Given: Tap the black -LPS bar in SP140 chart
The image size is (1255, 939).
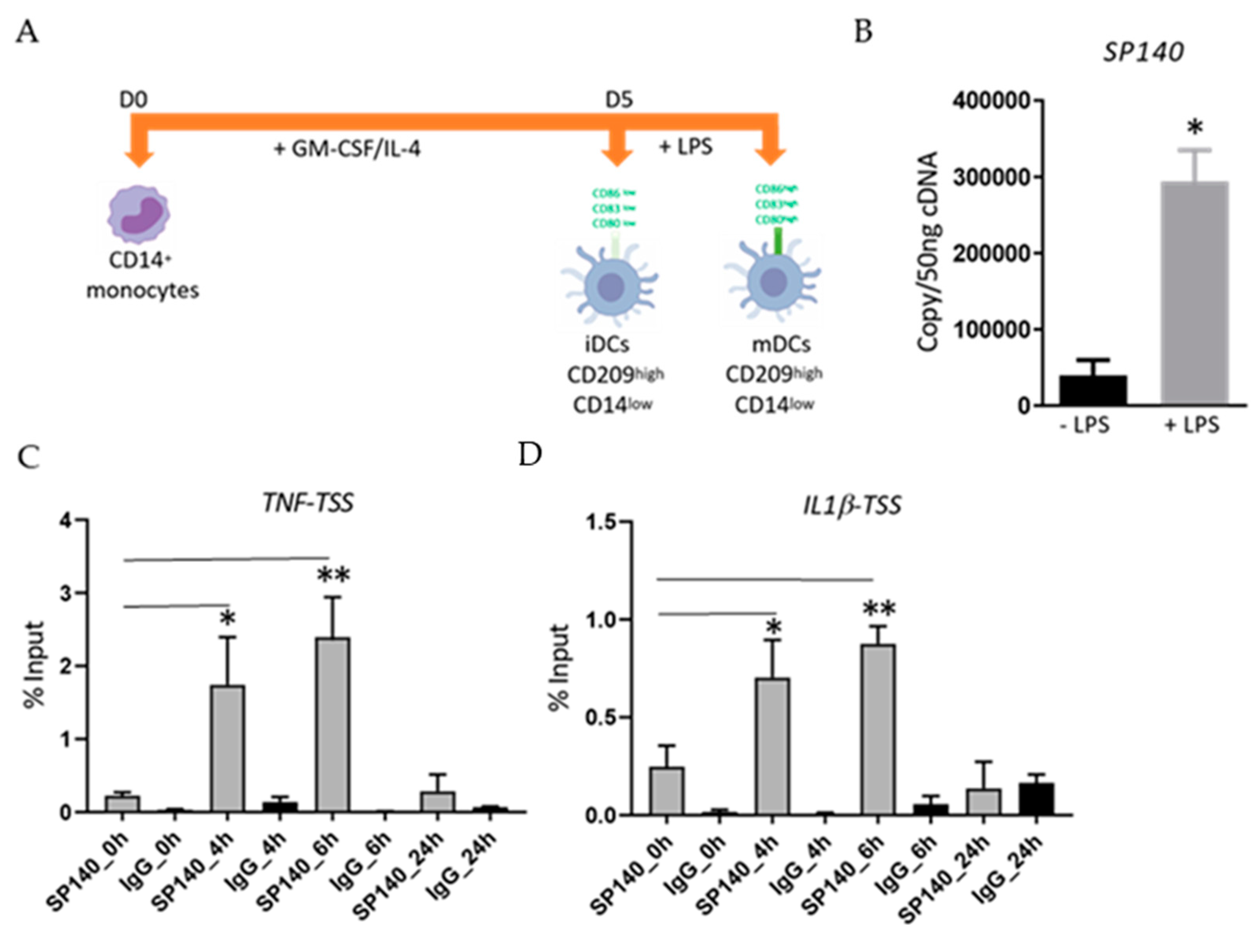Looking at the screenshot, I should pos(1093,390).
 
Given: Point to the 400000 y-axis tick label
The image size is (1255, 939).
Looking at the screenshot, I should pos(991,101).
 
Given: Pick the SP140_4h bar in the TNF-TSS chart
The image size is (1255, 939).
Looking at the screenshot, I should pos(227,749).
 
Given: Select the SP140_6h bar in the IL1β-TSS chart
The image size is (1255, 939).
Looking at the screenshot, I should pos(878,729).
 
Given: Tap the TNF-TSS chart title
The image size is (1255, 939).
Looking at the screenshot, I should pos(308,503).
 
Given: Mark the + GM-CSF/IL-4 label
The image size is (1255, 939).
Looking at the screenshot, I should pos(347,149).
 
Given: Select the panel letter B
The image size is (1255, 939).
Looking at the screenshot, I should pos(864,32).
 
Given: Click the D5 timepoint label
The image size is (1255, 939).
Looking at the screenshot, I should pos(619,100).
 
